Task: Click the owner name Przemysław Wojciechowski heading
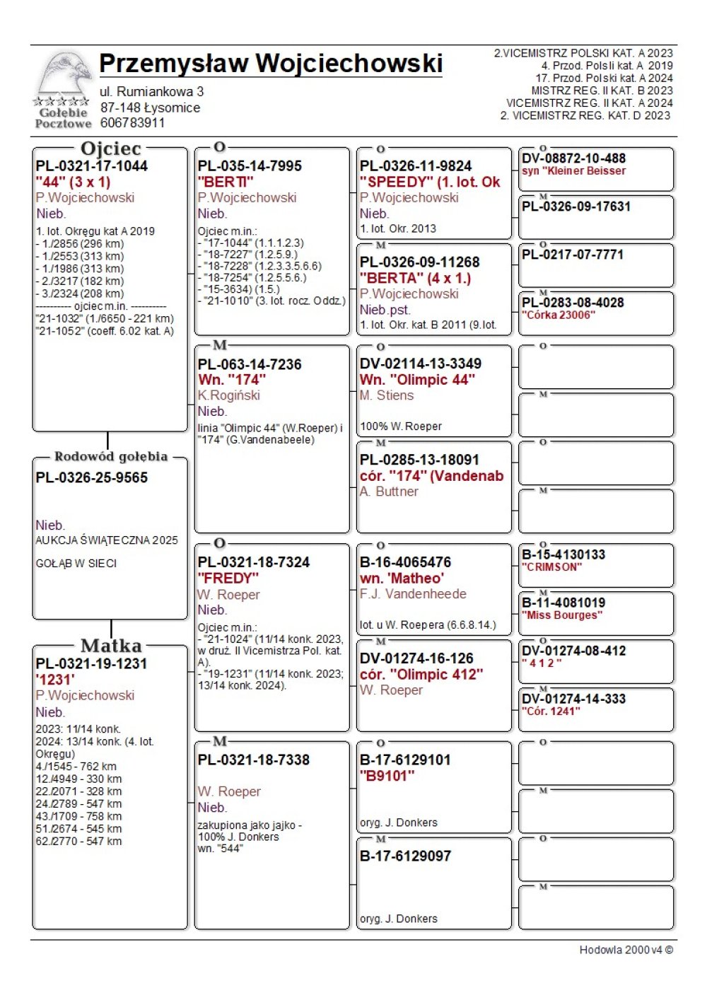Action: [x=271, y=64]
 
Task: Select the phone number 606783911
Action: [x=132, y=123]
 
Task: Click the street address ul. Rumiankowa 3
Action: [x=151, y=92]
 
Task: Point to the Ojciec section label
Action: [x=111, y=149]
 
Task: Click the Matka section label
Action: [x=111, y=646]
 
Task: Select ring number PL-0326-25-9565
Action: [x=92, y=478]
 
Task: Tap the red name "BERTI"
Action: [x=226, y=182]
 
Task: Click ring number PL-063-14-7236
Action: [x=250, y=364]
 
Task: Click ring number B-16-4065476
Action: [x=405, y=562]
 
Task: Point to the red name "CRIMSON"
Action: [x=552, y=567]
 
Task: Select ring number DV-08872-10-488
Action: [x=573, y=158]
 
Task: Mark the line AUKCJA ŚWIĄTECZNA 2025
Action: [x=107, y=540]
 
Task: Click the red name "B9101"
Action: [x=387, y=776]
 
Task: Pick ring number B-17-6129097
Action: [x=405, y=856]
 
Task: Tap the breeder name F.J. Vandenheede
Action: [x=413, y=594]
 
